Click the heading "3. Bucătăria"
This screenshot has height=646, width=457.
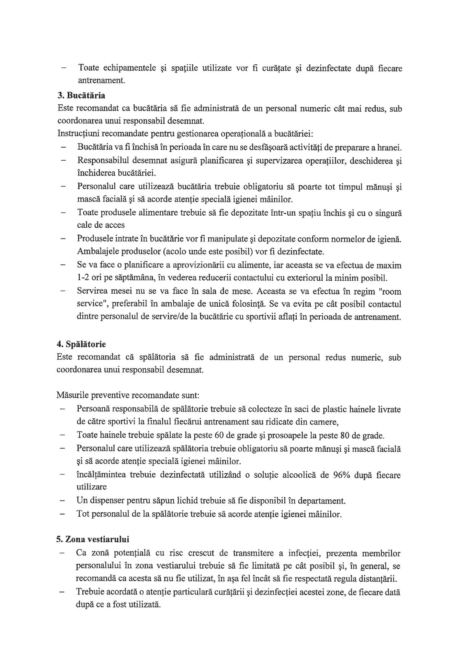(81, 95)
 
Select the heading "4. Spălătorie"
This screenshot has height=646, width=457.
(81, 344)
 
